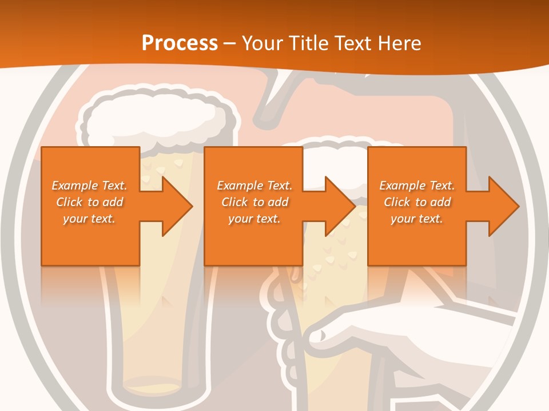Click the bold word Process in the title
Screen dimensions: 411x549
tap(180, 43)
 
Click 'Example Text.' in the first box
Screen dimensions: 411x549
tap(89, 186)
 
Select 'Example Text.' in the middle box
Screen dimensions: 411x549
tap(254, 186)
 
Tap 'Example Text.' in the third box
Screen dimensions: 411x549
tap(417, 186)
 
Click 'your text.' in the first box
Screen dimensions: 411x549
tap(89, 219)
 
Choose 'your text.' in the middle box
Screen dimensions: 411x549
tap(254, 219)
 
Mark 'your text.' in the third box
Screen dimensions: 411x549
tap(417, 219)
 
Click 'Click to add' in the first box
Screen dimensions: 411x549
tap(89, 202)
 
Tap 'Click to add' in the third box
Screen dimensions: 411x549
tap(417, 202)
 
